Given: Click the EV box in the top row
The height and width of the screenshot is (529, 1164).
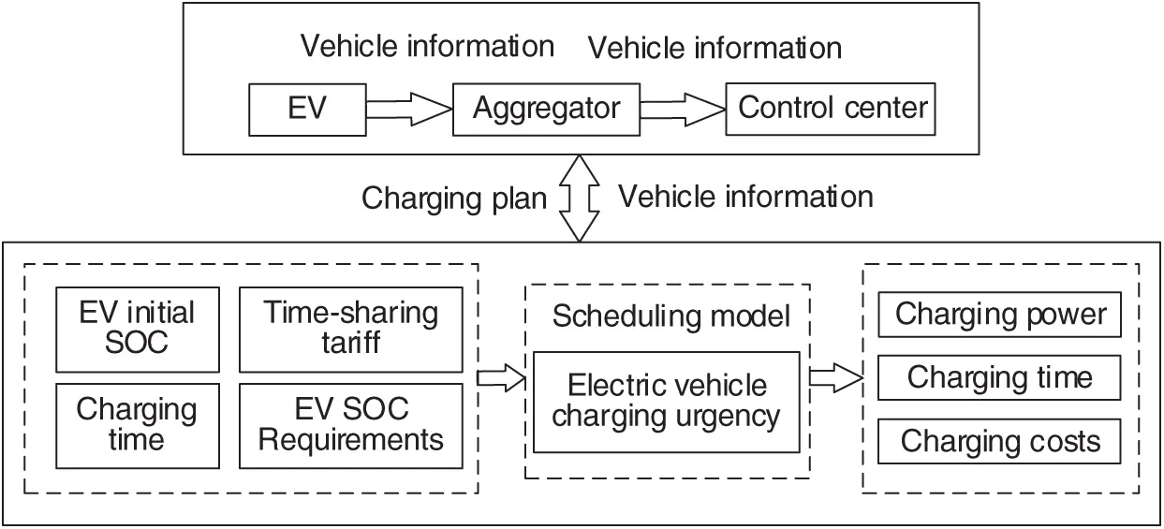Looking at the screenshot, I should click(x=307, y=109).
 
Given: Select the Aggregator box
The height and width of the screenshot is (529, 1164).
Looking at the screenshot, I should click(x=546, y=109).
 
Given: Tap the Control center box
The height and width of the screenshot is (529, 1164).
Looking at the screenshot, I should click(x=832, y=109).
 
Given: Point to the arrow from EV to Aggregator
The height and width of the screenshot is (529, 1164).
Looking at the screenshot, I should click(x=406, y=110).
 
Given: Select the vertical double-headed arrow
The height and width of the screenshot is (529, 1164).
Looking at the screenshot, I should click(x=582, y=198).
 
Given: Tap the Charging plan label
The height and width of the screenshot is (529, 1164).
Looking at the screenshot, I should click(x=454, y=198).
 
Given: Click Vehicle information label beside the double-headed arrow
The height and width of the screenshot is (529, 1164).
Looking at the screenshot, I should click(x=745, y=197).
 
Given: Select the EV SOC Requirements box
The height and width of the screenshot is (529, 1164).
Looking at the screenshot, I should click(x=350, y=425).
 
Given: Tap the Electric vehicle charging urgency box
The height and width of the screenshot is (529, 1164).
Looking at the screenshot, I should click(x=666, y=401).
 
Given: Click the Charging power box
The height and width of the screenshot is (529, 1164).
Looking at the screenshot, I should click(x=1000, y=316).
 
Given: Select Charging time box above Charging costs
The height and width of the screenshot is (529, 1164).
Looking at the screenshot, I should click(x=1000, y=378).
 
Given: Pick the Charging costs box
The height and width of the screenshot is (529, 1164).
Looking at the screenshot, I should click(x=1000, y=441).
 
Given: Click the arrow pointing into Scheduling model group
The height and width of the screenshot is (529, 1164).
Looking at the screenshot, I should click(x=501, y=378).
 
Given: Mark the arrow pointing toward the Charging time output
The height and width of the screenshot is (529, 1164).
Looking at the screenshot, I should click(x=834, y=378).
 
